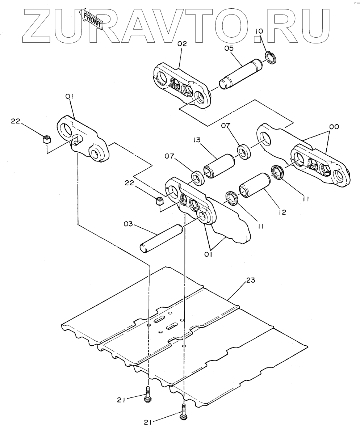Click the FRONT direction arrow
pyautogui.click(x=92, y=19)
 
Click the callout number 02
pyautogui.click(x=182, y=44)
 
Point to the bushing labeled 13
pyautogui.click(x=219, y=166)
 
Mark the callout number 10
pyautogui.click(x=259, y=31)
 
